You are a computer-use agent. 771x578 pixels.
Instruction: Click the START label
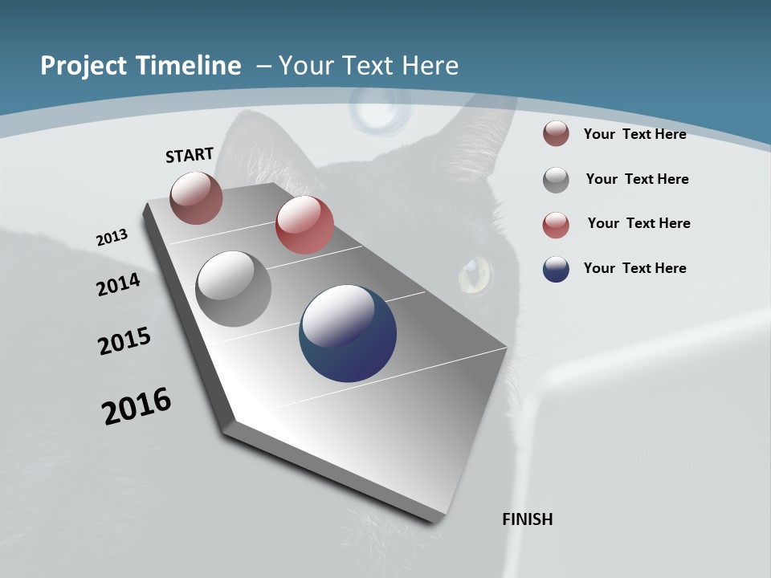pyautogui.click(x=190, y=155)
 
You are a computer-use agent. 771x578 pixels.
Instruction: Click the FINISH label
pyautogui.click(x=527, y=519)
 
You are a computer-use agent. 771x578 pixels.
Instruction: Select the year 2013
pyautogui.click(x=112, y=238)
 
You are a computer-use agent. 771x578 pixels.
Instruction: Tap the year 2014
pyautogui.click(x=118, y=285)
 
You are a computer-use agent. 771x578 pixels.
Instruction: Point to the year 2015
pyautogui.click(x=124, y=340)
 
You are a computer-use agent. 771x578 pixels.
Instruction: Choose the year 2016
pyautogui.click(x=137, y=406)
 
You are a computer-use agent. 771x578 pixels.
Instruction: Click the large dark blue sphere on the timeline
pyautogui.click(x=348, y=333)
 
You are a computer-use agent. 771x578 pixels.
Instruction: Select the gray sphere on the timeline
pyautogui.click(x=233, y=289)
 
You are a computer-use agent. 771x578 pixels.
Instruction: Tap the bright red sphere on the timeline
pyautogui.click(x=304, y=225)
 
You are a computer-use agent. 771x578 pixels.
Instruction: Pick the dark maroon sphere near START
pyautogui.click(x=196, y=197)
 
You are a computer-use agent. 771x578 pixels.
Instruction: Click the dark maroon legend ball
pyautogui.click(x=556, y=134)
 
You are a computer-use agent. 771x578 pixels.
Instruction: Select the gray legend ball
pyautogui.click(x=556, y=180)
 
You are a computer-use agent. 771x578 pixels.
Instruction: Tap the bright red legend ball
pyautogui.click(x=556, y=225)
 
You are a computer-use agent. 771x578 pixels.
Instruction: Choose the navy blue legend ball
pyautogui.click(x=556, y=270)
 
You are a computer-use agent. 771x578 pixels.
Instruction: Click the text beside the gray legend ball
pyautogui.click(x=637, y=179)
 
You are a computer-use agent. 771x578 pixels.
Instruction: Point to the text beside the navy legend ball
pyautogui.click(x=634, y=268)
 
